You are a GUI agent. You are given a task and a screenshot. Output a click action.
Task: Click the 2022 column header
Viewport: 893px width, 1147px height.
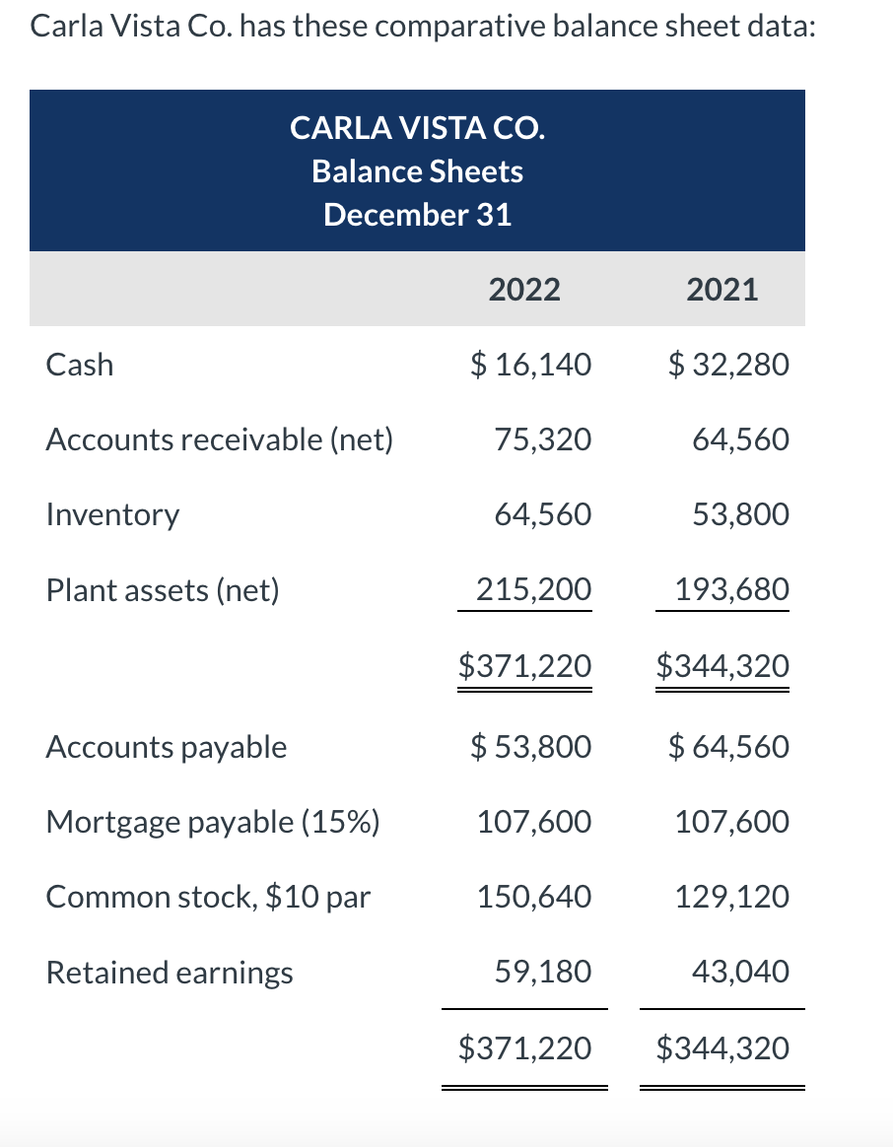(524, 290)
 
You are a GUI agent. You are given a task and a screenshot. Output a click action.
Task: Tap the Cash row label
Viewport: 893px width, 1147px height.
(80, 365)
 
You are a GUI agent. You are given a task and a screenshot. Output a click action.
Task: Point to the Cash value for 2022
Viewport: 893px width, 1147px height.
(529, 365)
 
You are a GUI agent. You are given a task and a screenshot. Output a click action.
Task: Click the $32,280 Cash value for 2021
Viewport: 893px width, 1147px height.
(728, 365)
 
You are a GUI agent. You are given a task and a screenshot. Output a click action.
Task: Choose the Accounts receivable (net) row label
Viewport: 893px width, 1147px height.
(220, 439)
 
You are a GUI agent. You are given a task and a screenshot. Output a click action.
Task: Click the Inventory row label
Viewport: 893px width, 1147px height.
(113, 514)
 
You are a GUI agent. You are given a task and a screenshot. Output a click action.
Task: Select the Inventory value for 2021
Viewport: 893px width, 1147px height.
(740, 514)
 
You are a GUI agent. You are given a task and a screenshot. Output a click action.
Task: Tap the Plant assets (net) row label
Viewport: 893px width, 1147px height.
(164, 590)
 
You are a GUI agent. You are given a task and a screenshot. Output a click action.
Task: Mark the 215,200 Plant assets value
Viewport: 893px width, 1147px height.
(534, 590)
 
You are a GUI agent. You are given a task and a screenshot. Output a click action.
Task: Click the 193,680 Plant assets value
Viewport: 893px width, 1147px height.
(731, 590)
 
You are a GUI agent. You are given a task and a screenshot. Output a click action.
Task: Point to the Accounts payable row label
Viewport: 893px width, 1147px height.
(167, 747)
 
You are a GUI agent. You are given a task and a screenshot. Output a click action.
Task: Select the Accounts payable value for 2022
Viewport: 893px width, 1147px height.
(529, 747)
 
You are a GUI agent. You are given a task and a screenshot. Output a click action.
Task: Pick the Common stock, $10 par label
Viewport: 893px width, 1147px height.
(209, 897)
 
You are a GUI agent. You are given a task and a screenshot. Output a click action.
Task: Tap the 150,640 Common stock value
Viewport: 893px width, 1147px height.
(534, 897)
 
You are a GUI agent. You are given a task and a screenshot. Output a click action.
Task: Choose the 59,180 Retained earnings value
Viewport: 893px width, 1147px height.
(543, 973)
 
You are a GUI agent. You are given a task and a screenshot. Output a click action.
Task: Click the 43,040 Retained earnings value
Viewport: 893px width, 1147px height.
(740, 973)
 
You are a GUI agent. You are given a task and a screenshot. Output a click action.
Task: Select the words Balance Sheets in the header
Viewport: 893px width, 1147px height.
(417, 171)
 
